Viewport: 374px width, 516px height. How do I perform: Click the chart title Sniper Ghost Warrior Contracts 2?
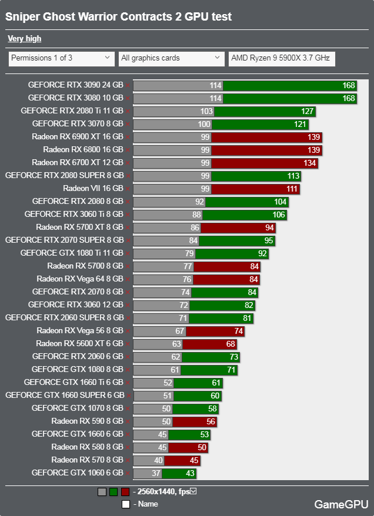(x=118, y=17)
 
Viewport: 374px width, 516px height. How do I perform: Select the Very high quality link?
(x=24, y=39)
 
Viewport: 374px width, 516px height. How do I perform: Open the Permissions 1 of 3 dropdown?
(x=61, y=58)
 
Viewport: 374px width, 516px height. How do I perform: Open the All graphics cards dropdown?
(x=171, y=58)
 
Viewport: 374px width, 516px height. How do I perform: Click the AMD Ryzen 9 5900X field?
(x=282, y=58)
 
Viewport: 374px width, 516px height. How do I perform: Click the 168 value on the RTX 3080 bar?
(x=349, y=98)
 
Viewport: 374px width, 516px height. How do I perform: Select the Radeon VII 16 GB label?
(x=93, y=189)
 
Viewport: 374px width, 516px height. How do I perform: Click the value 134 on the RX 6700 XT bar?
(x=310, y=163)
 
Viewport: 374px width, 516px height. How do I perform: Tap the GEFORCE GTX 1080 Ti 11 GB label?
(x=72, y=253)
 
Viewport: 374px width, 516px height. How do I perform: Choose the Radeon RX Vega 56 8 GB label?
(x=79, y=331)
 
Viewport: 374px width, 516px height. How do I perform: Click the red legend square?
(x=125, y=492)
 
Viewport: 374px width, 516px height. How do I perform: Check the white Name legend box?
(x=125, y=504)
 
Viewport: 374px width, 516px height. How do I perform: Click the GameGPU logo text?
(x=341, y=504)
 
